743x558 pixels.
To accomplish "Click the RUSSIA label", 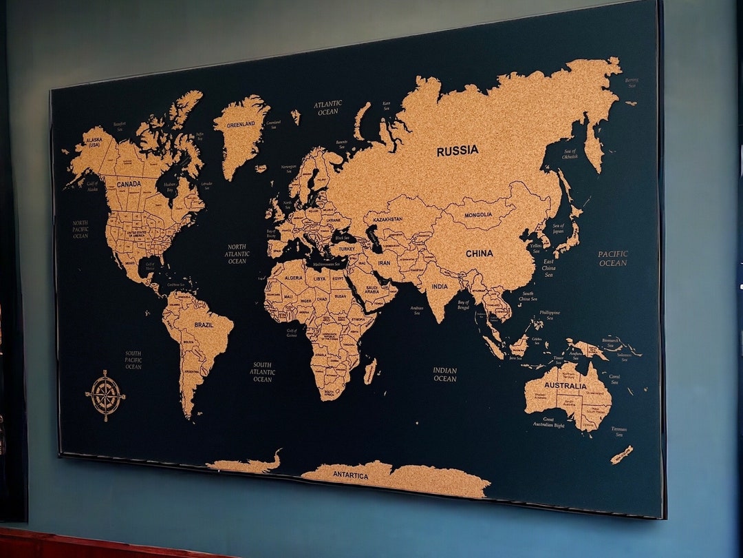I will (x=457, y=151).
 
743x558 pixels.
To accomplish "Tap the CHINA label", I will (x=479, y=254).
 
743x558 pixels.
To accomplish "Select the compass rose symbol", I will (x=105, y=395).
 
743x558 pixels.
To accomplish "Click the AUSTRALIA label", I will (x=565, y=386).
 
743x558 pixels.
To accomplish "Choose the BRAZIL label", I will (x=204, y=324).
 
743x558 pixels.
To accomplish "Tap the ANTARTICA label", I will (x=350, y=476).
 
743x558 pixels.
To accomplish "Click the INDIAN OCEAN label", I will (x=444, y=374).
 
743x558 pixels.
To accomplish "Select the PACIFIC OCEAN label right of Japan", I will (x=612, y=258).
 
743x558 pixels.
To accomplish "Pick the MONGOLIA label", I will (x=478, y=215).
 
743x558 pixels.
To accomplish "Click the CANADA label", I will (x=129, y=185).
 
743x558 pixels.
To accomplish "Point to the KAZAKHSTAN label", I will (x=387, y=219).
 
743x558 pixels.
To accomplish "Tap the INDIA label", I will (x=440, y=287).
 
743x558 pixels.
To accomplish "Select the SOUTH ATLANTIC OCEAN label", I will (x=262, y=372).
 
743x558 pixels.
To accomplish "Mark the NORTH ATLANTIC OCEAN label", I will (x=237, y=254).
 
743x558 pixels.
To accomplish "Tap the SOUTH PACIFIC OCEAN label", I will (x=133, y=360).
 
